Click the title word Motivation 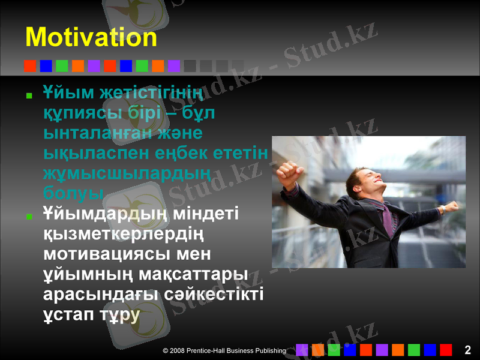(91, 38)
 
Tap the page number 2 (467, 350)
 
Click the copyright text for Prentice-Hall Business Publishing (224, 350)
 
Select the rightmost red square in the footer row (446, 350)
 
